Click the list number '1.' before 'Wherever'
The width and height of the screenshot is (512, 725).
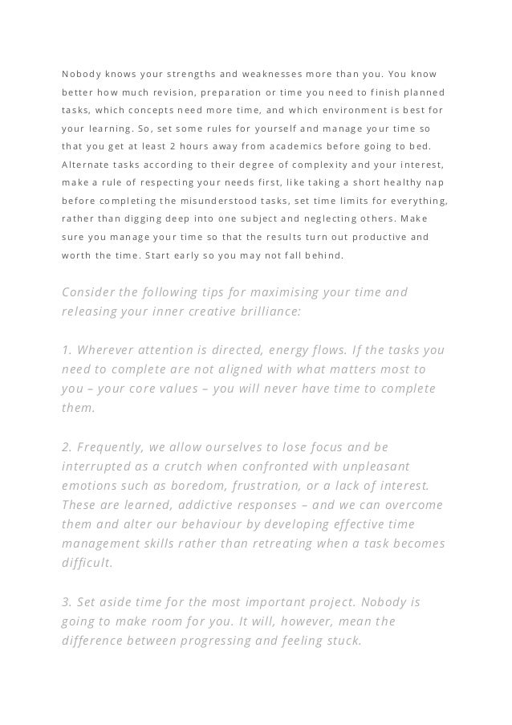(x=67, y=350)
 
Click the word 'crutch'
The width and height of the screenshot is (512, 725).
(x=205, y=466)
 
